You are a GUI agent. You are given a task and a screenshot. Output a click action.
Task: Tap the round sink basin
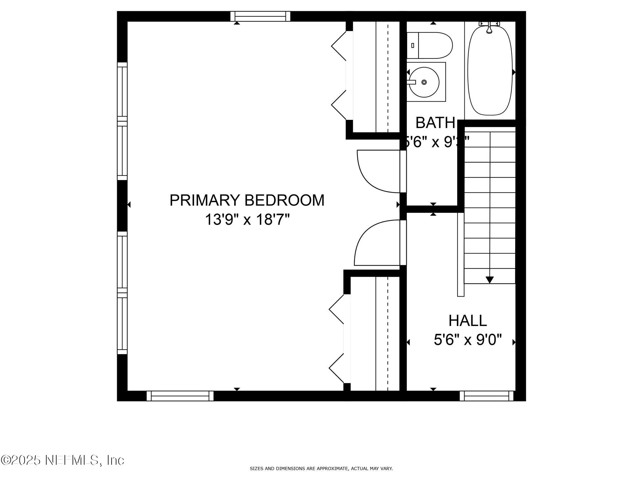pyautogui.click(x=424, y=82)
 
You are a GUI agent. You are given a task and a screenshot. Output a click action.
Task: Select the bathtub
pyautogui.click(x=490, y=71)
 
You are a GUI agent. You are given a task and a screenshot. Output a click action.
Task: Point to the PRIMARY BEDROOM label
pyautogui.click(x=247, y=200)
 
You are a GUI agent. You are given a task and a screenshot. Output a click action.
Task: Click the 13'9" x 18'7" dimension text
pyautogui.click(x=247, y=219)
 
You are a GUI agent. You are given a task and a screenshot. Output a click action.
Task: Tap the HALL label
pyautogui.click(x=467, y=320)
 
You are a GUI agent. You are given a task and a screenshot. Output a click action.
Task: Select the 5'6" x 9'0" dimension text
pyautogui.click(x=467, y=340)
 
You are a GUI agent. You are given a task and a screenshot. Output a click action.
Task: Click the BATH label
pyautogui.click(x=435, y=123)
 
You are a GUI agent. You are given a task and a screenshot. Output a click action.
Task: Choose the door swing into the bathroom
pyautogui.click(x=378, y=171)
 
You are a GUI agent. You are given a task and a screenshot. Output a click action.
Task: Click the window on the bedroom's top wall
pyautogui.click(x=260, y=16)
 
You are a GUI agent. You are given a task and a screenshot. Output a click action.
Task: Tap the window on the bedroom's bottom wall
pyautogui.click(x=180, y=396)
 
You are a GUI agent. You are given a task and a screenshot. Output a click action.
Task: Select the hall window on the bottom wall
pyautogui.click(x=487, y=396)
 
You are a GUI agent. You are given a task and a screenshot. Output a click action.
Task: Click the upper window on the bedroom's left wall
pyautogui.click(x=122, y=121)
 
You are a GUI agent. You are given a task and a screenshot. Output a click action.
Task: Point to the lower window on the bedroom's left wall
pyautogui.click(x=122, y=293)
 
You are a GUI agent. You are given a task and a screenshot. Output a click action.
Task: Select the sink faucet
pyautogui.click(x=411, y=82)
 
